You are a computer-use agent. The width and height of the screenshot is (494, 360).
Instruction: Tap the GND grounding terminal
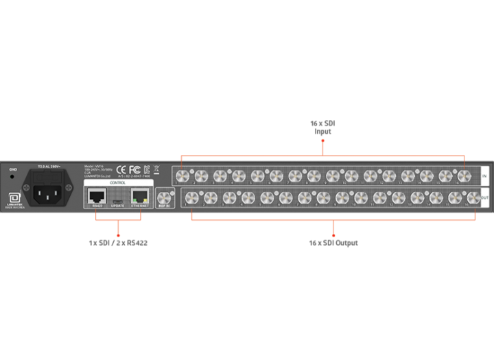tap(12, 176)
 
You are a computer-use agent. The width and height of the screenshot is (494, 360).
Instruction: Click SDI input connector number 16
tap(464, 176)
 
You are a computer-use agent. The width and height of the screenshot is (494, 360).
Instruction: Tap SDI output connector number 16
tap(472, 198)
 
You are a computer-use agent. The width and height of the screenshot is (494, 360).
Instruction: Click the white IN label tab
tap(484, 176)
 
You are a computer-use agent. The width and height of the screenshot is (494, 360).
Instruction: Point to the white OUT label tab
tap(484, 198)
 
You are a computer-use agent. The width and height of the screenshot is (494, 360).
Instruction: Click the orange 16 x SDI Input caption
tap(322, 127)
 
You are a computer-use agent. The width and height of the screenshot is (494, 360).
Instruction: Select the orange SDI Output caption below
tap(333, 243)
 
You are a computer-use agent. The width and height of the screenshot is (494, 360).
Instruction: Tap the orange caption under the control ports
tap(119, 243)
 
